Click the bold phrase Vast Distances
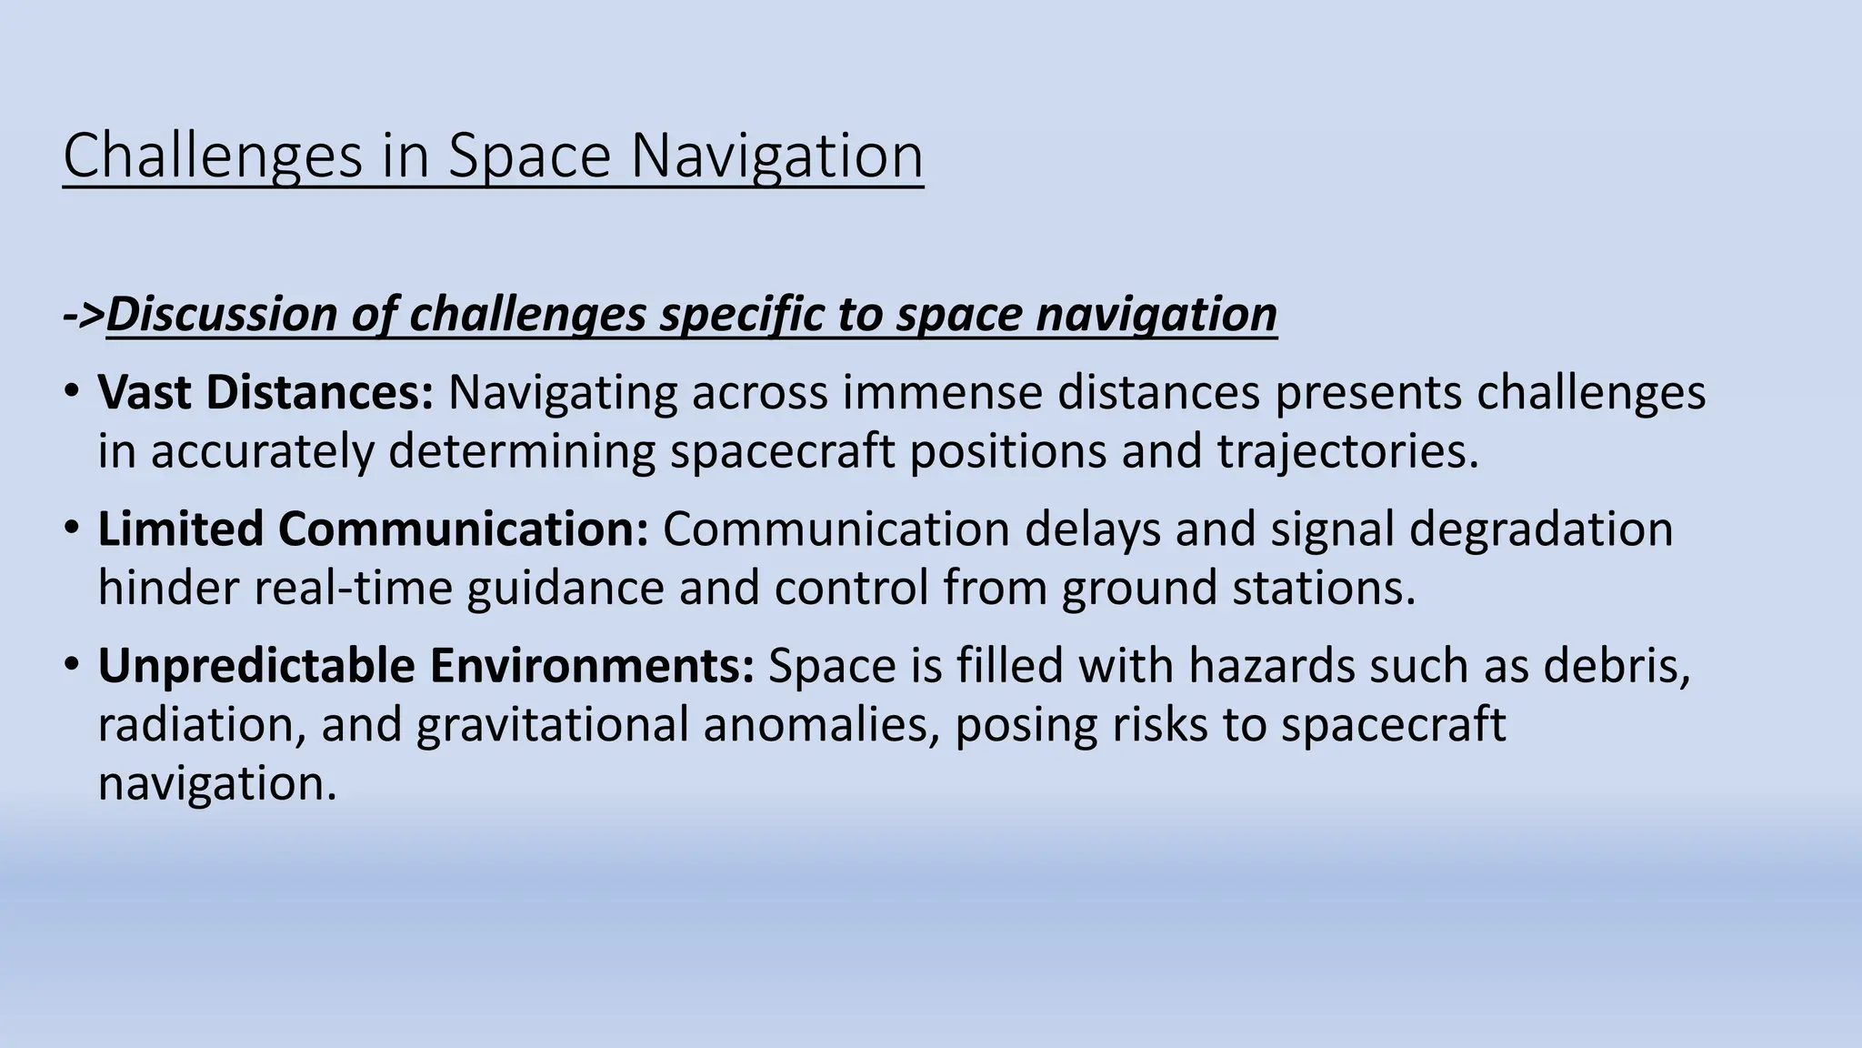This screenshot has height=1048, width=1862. (265, 393)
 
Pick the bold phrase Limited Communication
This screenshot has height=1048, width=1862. (373, 529)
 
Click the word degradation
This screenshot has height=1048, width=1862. (1540, 529)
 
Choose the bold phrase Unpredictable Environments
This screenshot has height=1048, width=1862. (425, 666)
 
